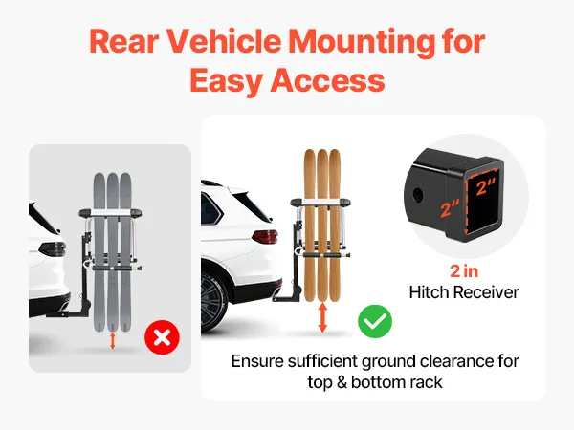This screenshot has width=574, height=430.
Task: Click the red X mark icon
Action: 163,337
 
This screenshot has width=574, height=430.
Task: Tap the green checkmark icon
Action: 375,321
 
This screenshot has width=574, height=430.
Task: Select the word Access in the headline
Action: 327,81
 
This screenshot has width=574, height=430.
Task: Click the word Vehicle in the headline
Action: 224,41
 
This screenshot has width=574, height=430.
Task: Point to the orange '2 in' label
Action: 464,271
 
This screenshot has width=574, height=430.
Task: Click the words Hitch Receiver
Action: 464,292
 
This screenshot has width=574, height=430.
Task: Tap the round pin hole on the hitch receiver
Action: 417,196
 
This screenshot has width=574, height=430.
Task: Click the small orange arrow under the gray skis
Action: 112,341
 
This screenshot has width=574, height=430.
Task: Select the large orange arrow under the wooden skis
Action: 322,317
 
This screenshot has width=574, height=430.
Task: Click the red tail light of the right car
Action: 265,237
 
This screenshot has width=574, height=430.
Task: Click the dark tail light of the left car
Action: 52,249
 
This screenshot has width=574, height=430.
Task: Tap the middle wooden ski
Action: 322,225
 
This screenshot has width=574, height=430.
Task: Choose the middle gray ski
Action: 112,251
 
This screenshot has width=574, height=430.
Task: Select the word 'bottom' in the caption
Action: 378,382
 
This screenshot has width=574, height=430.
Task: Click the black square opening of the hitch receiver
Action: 483,201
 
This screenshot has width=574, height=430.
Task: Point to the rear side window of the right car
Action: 212,209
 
